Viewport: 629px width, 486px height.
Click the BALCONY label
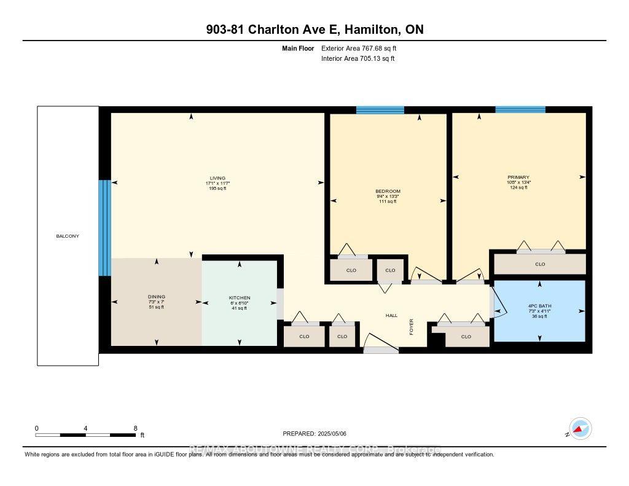(x=68, y=236)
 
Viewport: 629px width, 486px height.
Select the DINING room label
(x=156, y=297)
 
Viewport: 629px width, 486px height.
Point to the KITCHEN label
(x=240, y=298)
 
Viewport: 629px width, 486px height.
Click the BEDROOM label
(x=388, y=191)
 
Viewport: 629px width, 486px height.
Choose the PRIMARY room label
(x=518, y=177)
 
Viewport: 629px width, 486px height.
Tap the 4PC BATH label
(x=540, y=306)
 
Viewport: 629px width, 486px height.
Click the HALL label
(x=391, y=315)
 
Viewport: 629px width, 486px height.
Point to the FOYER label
(x=412, y=326)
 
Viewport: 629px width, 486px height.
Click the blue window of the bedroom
(x=380, y=110)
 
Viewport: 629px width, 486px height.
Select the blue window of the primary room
(x=520, y=109)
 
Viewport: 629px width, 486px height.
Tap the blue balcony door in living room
(x=105, y=228)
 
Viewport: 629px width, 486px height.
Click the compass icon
(x=580, y=428)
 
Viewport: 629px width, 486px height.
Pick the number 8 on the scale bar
(x=135, y=428)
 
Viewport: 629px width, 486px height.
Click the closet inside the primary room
(x=540, y=264)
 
